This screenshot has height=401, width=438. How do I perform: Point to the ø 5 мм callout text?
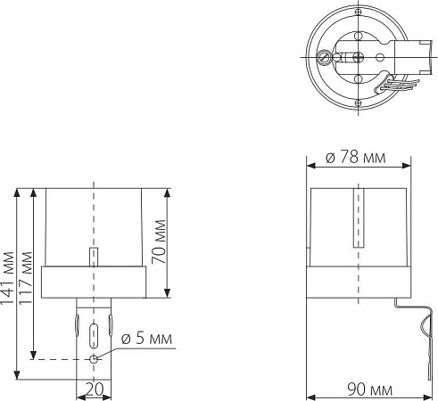(x=148, y=340)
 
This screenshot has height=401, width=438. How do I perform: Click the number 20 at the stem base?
(x=94, y=390)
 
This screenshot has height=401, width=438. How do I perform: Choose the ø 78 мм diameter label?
(x=357, y=157)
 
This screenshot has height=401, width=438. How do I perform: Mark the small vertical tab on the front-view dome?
(x=94, y=257)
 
